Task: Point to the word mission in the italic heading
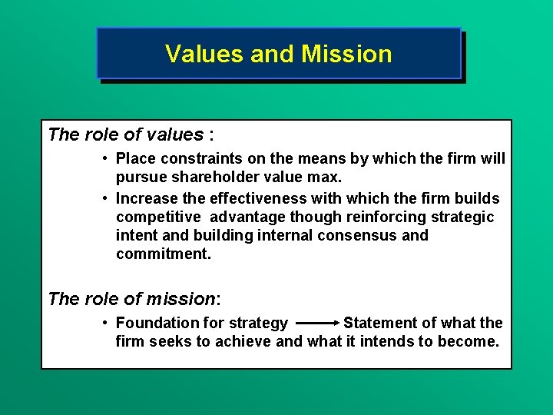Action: pyautogui.click(x=187, y=298)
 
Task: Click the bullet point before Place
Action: pyautogui.click(x=104, y=159)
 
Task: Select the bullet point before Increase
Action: pyautogui.click(x=104, y=198)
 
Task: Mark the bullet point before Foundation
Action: pyautogui.click(x=104, y=323)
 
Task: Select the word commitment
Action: pyautogui.click(x=163, y=254)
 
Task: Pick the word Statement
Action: pyautogui.click(x=380, y=323)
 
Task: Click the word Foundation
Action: pyautogui.click(x=162, y=323)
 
